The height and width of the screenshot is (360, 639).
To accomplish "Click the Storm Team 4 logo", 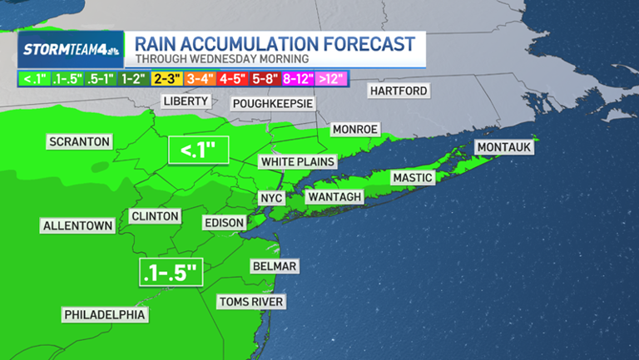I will [x=72, y=49].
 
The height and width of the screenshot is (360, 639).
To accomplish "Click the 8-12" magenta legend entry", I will [x=298, y=78].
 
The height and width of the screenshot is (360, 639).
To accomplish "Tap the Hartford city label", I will [x=399, y=90].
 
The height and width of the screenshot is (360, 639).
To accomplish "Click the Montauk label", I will [x=503, y=147].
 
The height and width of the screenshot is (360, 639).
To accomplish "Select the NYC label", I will [x=271, y=198].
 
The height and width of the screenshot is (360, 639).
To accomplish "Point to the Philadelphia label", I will [x=105, y=314].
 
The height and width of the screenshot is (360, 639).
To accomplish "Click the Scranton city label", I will [x=79, y=141].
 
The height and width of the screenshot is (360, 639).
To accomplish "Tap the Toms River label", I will [x=250, y=301].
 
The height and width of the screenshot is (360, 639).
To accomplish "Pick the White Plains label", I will [x=297, y=161].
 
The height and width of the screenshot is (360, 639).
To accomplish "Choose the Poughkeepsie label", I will [x=273, y=103].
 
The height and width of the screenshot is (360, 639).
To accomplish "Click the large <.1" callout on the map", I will [x=198, y=151].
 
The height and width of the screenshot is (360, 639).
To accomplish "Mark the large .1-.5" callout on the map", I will [x=171, y=271].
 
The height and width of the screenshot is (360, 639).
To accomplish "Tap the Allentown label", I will [x=77, y=225].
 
